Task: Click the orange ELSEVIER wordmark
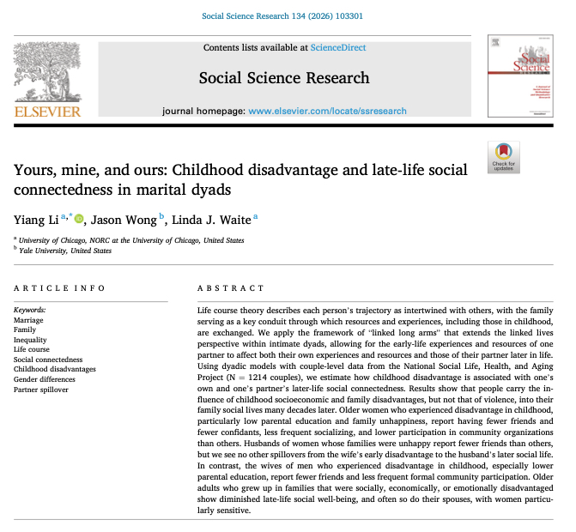coord(47,112)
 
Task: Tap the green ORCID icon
coord(79,219)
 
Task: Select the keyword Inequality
coord(32,339)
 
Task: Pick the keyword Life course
coord(33,349)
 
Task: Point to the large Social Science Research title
coord(284,78)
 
